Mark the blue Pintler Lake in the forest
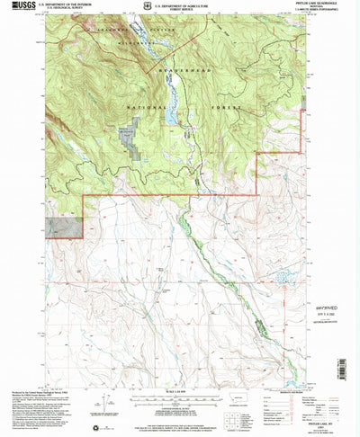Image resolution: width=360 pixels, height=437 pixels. click(168, 115)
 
